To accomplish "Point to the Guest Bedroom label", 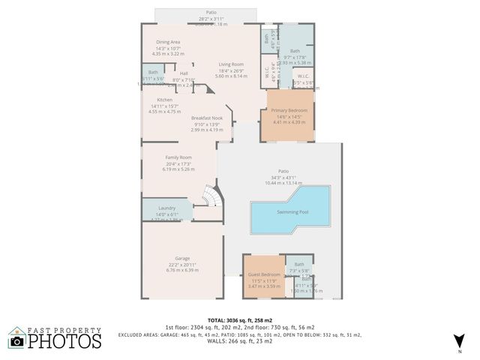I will click(x=264, y=274).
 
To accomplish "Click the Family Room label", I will click(x=178, y=157).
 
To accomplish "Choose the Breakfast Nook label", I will click(x=206, y=118).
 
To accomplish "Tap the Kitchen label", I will click(x=165, y=100).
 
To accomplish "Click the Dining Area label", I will click(x=168, y=42).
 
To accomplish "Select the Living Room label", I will click(x=231, y=64).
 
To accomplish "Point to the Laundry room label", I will click(x=166, y=208).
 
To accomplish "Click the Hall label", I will click(x=184, y=73).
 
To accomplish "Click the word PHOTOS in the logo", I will click(x=65, y=341).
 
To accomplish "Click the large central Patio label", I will click(x=283, y=170).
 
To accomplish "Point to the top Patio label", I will click(x=211, y=13).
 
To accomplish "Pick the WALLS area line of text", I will click(x=240, y=342).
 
